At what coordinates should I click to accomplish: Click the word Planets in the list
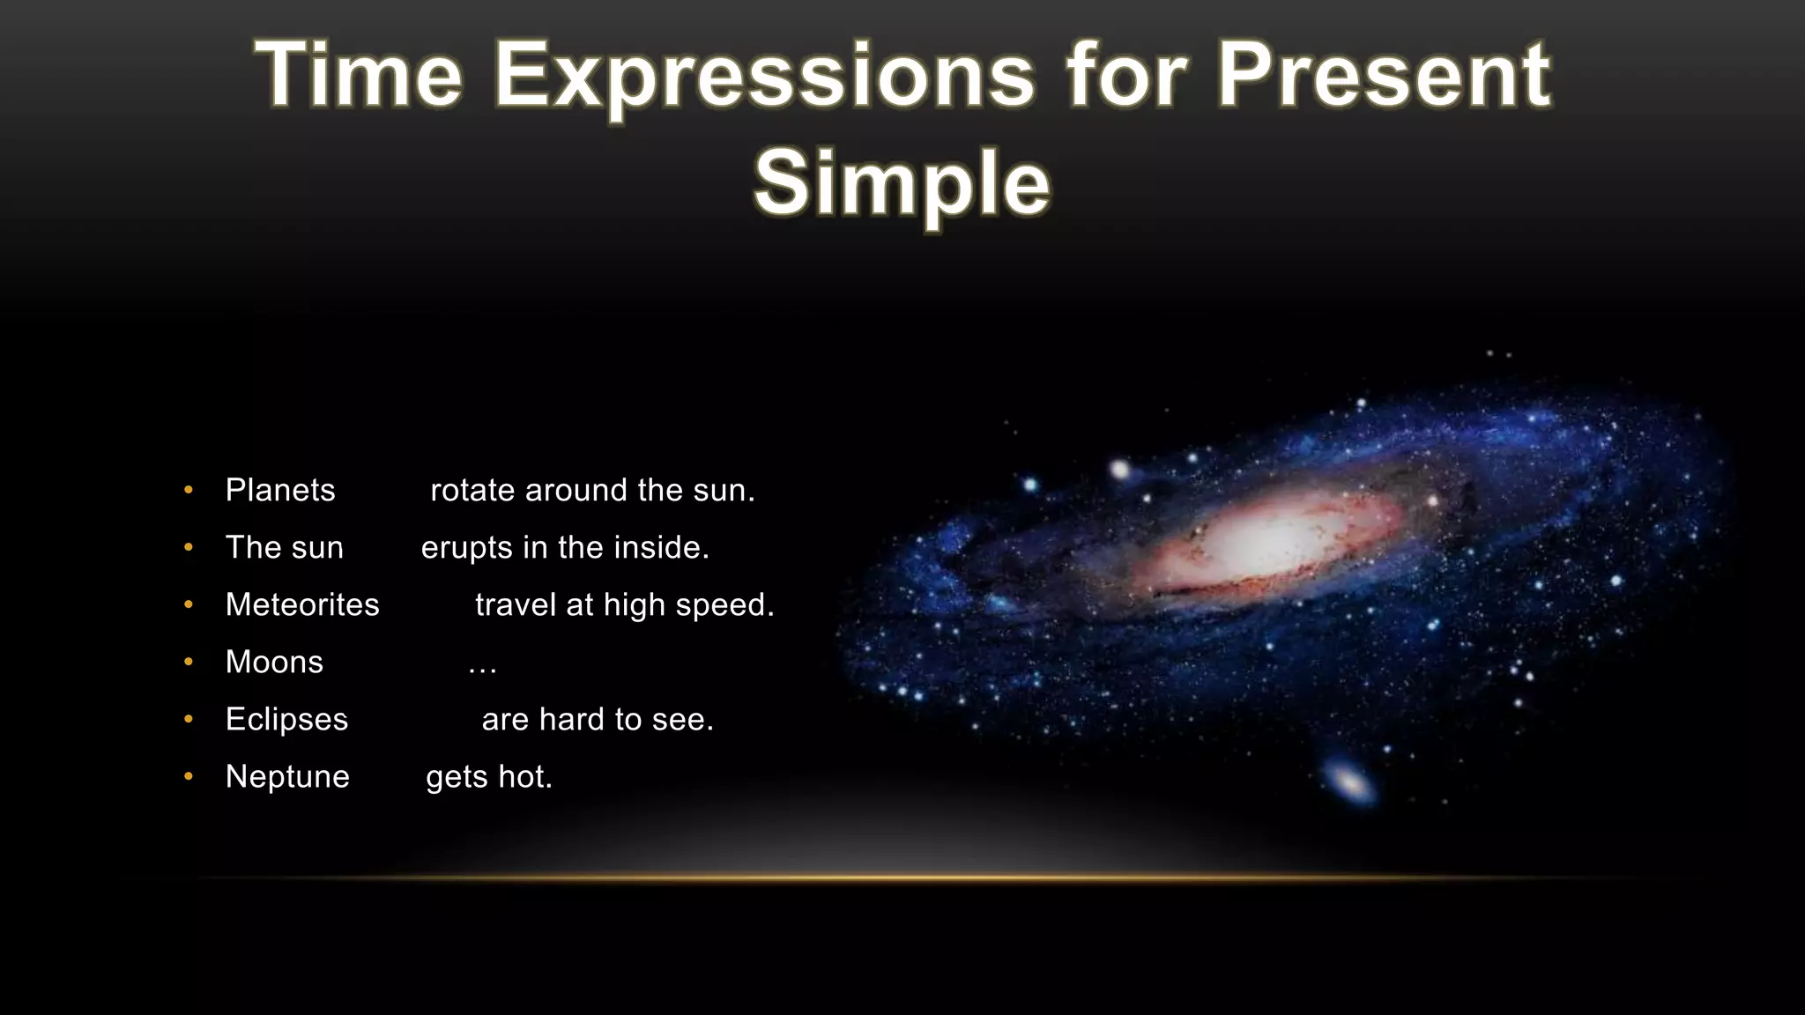tap(280, 490)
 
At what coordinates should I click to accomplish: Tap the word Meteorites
tap(302, 604)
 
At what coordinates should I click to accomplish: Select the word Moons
tap(274, 662)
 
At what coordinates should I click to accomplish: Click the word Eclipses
tap(286, 719)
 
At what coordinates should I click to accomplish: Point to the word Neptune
tap(287, 776)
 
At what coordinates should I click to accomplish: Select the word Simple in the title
tap(902, 182)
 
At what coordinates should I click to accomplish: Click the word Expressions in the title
tap(764, 77)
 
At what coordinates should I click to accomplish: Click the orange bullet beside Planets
tap(189, 490)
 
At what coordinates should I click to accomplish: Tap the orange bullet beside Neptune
tap(189, 776)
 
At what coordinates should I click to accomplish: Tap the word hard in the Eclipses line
tap(573, 719)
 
